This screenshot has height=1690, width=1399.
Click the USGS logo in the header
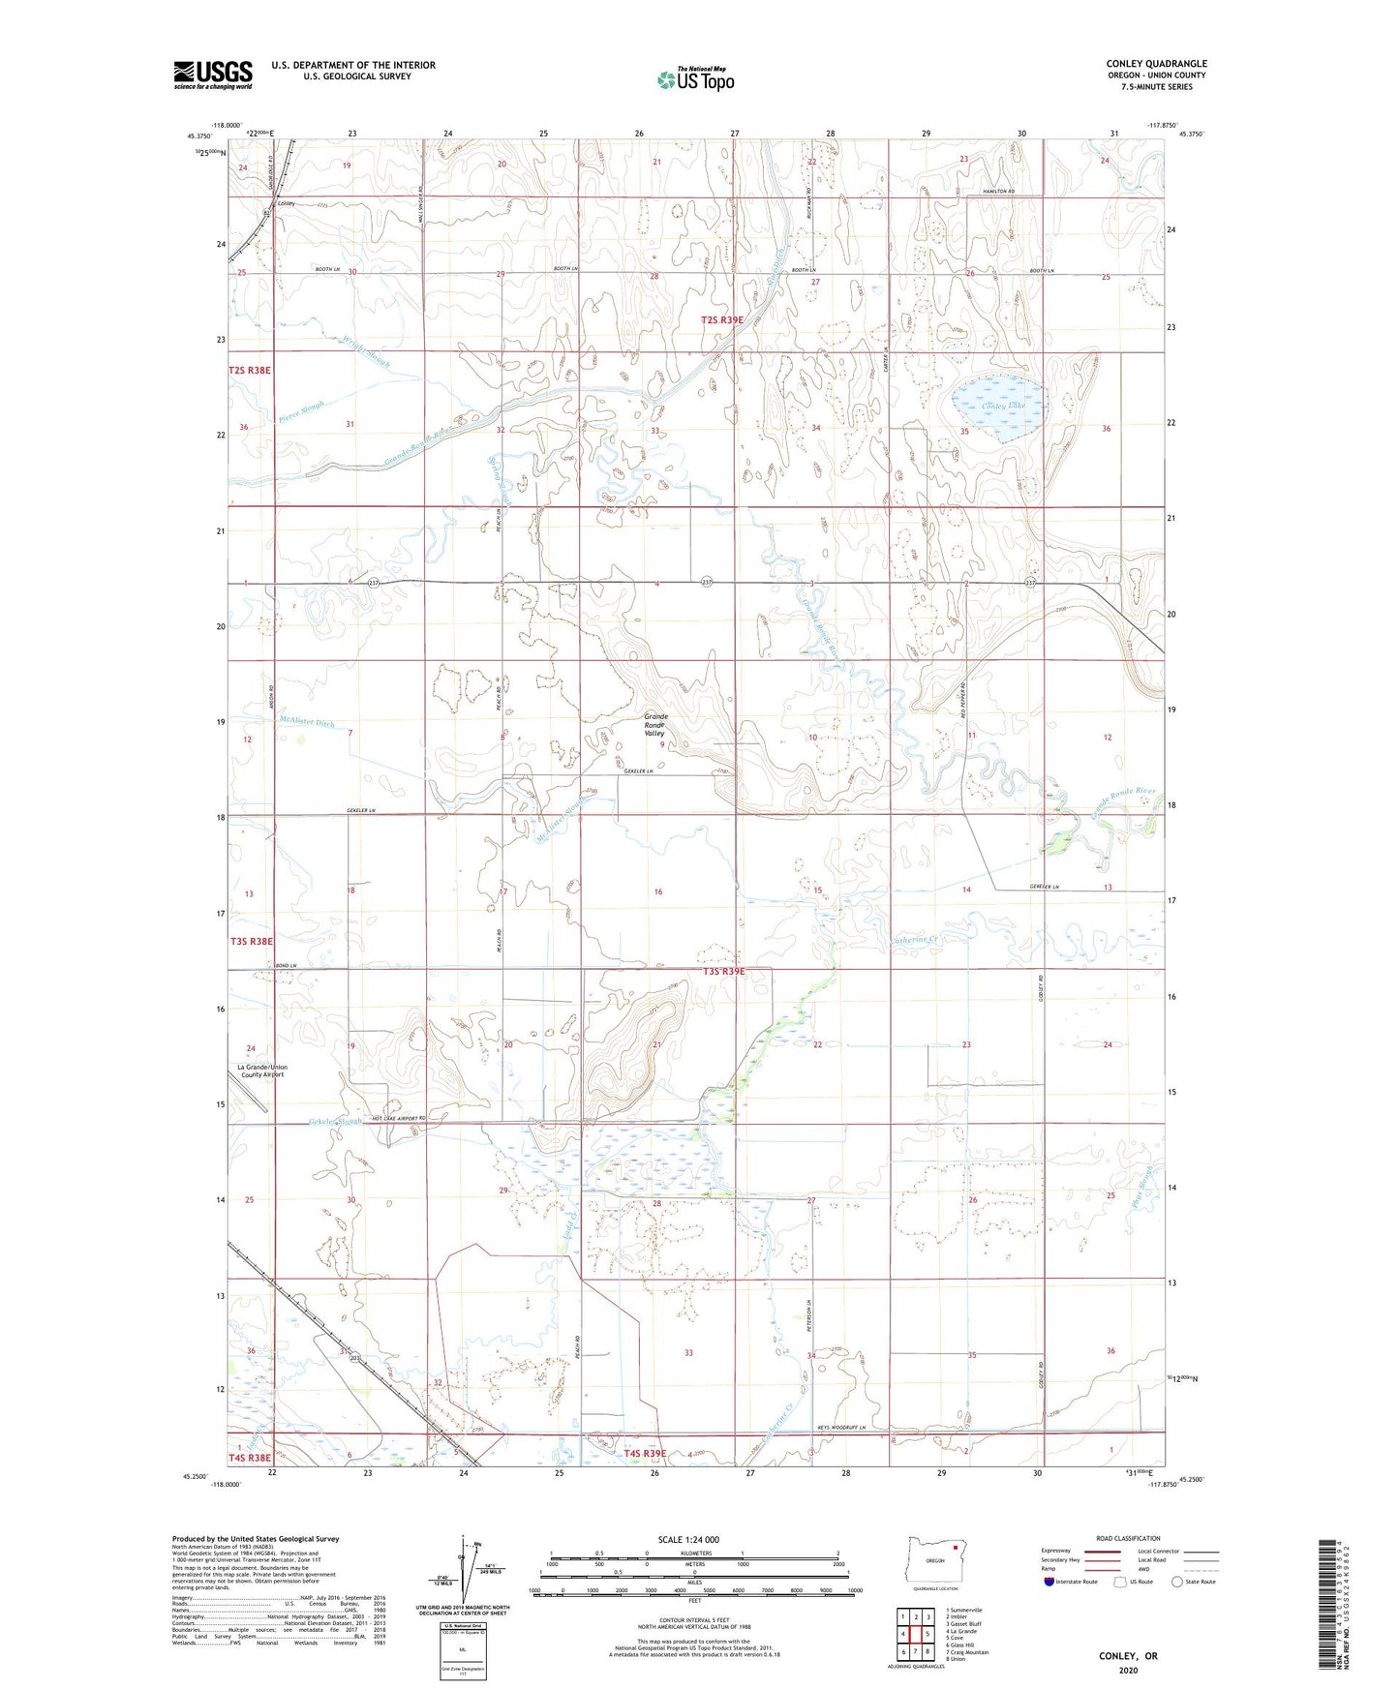[x=213, y=75]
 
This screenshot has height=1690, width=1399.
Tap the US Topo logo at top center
[x=695, y=79]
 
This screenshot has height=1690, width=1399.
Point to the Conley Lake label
[x=1002, y=406]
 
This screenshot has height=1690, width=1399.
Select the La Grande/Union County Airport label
[x=262, y=1071]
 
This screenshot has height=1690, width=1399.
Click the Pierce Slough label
[x=300, y=411]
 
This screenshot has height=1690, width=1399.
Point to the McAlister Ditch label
[x=306, y=720]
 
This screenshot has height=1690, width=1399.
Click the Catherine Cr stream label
[x=913, y=940]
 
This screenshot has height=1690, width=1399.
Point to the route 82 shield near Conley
[x=266, y=212]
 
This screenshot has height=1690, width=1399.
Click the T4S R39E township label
[x=645, y=1453]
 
